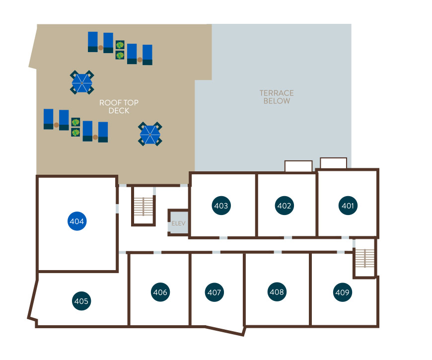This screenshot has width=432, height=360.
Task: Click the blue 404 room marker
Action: pos(77,221)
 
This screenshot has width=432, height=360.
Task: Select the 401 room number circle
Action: pos(348,206)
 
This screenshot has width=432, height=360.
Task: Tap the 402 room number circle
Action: pos(284,206)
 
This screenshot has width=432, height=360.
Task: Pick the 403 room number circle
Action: pos(221,206)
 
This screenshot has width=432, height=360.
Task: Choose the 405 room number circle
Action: pos(81,301)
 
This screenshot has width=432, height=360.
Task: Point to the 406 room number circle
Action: pos(160,292)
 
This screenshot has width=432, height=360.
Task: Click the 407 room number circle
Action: pos(215,292)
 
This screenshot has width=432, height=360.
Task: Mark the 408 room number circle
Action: pos(277,291)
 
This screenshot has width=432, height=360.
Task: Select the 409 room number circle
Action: pos(343,292)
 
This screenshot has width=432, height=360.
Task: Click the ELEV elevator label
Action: pos(179,223)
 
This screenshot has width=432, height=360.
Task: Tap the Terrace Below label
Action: pos(277,97)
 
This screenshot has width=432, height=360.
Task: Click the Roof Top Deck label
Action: pos(119,107)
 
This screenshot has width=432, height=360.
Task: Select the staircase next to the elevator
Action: pos(144,207)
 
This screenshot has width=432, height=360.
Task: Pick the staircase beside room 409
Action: pos(365,258)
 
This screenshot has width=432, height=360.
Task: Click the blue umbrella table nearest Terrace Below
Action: pos(150,134)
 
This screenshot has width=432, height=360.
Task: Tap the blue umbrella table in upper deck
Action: pos(82,82)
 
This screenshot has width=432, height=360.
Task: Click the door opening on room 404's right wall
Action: pos(117,209)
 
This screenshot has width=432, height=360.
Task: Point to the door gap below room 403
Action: pos(223,238)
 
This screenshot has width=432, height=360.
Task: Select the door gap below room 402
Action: pos(288,238)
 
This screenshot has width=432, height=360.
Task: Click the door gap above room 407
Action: pos(216,252)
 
